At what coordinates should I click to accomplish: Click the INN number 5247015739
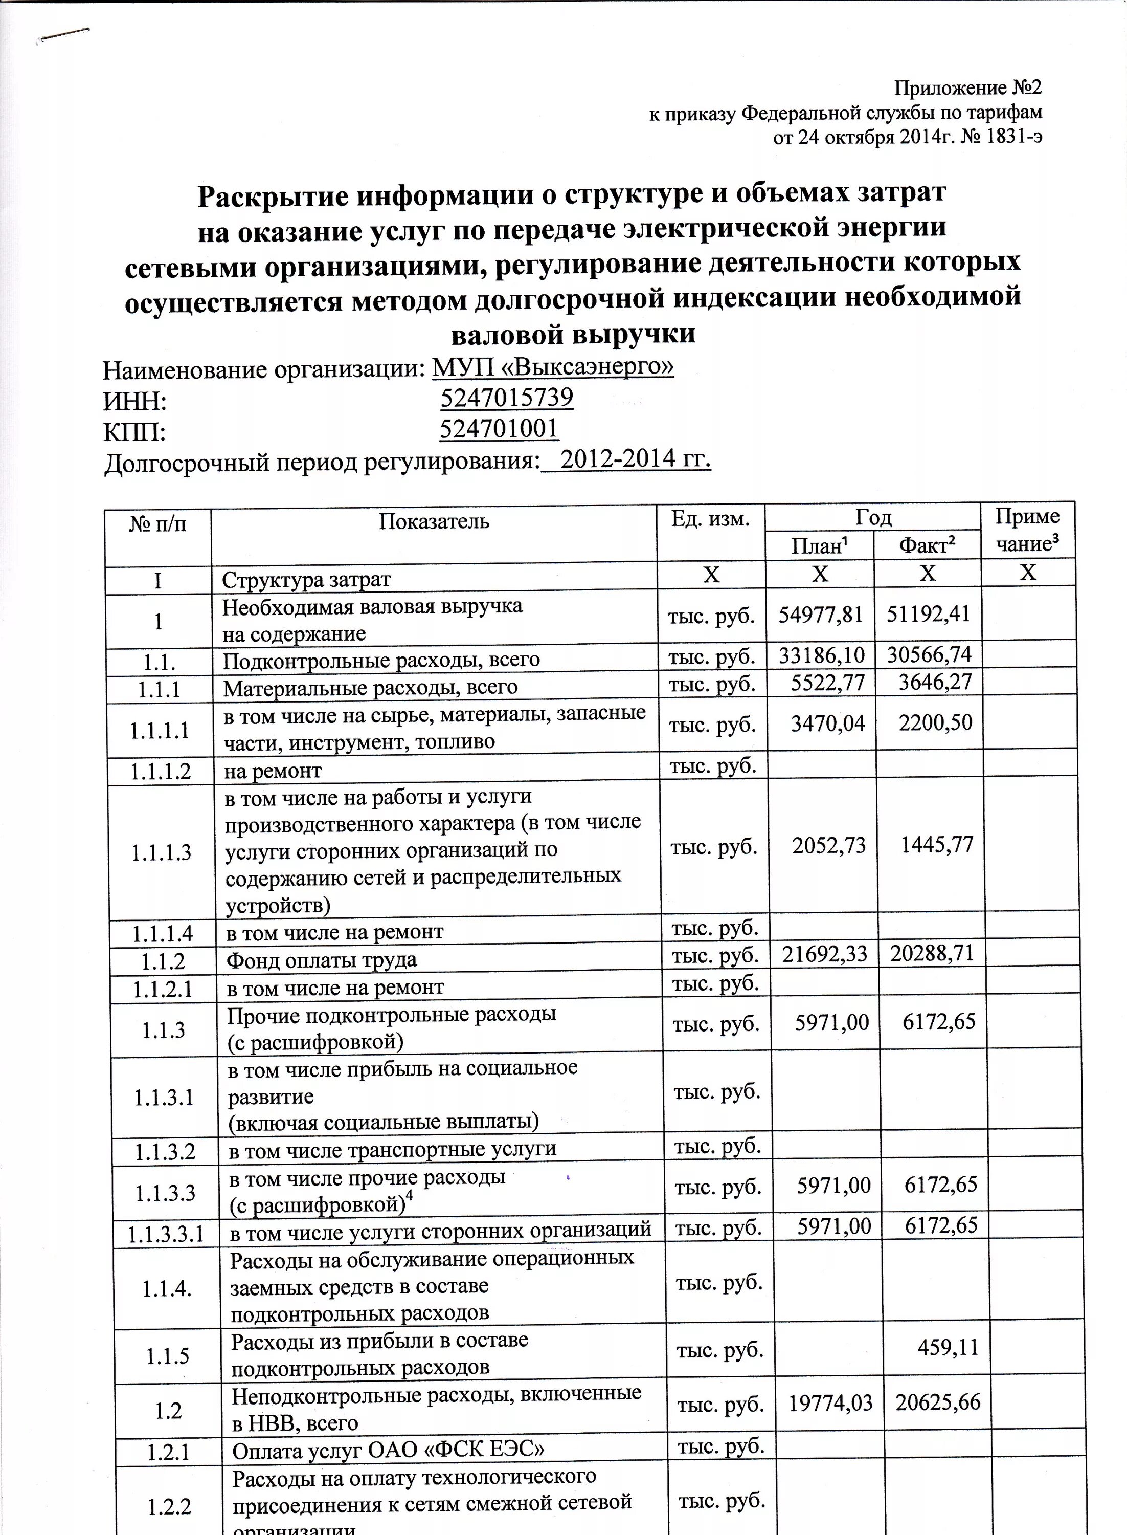[x=506, y=398]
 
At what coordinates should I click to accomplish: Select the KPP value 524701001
[x=499, y=429]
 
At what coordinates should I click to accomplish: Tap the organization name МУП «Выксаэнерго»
[x=553, y=367]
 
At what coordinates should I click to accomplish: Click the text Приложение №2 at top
[x=967, y=88]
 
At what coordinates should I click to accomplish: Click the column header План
[x=819, y=546]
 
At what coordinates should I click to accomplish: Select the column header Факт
[x=927, y=545]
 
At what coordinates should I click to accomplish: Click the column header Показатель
[x=434, y=522]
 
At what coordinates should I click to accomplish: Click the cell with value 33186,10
[x=821, y=656]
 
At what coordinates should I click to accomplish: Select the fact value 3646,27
[x=935, y=682]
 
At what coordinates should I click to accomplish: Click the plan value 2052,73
[x=829, y=846]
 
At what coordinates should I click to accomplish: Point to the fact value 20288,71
[x=932, y=953]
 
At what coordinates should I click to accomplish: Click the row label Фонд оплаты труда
[x=321, y=960]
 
